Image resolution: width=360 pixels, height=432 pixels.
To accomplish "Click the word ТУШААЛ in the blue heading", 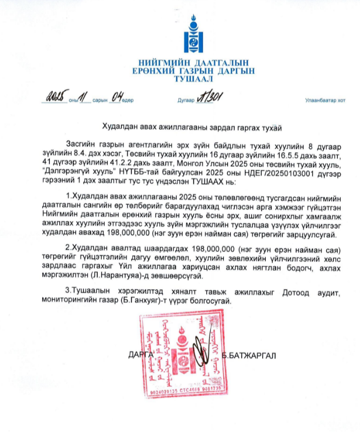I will point(193,78).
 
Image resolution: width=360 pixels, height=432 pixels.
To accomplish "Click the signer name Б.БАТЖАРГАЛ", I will point(249,356).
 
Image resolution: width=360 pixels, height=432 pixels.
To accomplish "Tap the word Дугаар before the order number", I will point(185,101).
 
